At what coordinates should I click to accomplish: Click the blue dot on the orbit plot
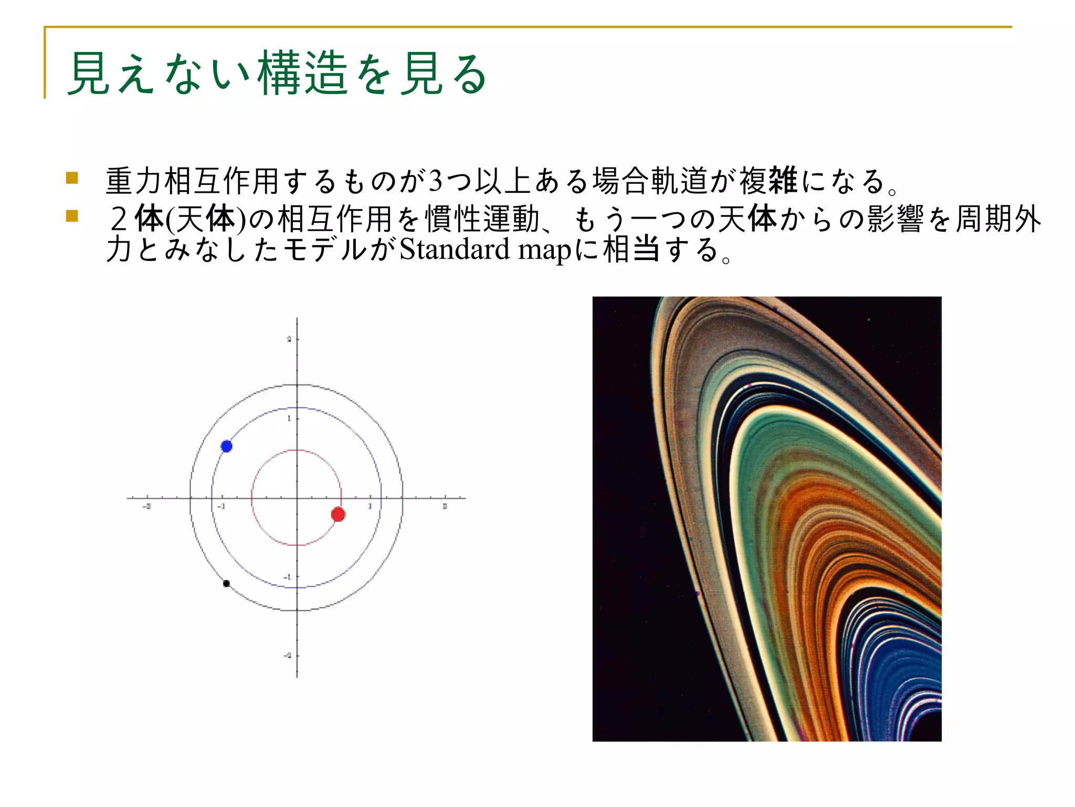pyautogui.click(x=226, y=446)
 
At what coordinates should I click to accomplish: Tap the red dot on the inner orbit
pyautogui.click(x=338, y=514)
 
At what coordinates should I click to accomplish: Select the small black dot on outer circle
pyautogui.click(x=226, y=583)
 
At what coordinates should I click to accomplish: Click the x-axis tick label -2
pyautogui.click(x=147, y=506)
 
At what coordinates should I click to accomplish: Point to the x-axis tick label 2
pyautogui.click(x=445, y=506)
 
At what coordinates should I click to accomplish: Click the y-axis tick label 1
pyautogui.click(x=289, y=419)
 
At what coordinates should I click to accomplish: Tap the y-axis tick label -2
pyautogui.click(x=288, y=656)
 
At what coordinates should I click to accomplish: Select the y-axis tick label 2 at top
pyautogui.click(x=289, y=339)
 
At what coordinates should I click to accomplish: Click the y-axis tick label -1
pyautogui.click(x=288, y=577)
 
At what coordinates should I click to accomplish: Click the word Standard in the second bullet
pyautogui.click(x=454, y=250)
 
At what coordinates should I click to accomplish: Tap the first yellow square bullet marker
pyautogui.click(x=72, y=178)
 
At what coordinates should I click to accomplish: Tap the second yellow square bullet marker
pyautogui.click(x=72, y=216)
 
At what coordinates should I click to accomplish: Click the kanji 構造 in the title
pyautogui.click(x=302, y=74)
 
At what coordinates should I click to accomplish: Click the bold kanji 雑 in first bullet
pyautogui.click(x=782, y=180)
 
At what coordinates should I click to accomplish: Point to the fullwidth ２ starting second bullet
pyautogui.click(x=119, y=219)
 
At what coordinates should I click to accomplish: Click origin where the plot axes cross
pyautogui.click(x=297, y=498)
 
